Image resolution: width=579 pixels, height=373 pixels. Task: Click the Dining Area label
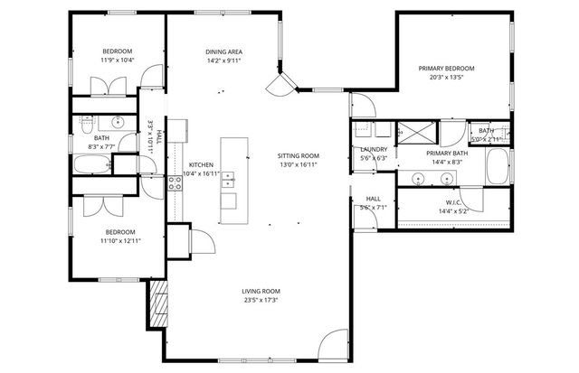222,52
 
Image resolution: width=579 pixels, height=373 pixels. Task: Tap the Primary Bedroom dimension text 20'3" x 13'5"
446,78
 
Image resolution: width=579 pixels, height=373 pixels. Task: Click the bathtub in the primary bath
498,166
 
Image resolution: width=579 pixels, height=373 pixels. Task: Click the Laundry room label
374,149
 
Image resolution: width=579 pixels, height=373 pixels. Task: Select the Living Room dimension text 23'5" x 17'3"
260,301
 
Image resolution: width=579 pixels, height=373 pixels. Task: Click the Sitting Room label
298,155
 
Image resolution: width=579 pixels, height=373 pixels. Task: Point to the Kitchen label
200,163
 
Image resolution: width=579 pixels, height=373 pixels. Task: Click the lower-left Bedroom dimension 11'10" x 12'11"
119,240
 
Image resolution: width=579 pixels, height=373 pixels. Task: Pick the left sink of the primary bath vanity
418,179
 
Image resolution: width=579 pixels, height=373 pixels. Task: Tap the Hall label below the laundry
374,198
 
